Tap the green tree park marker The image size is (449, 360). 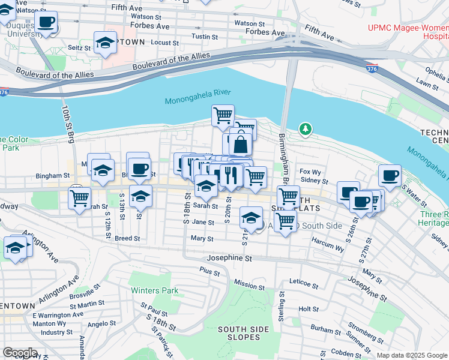tap(306, 129)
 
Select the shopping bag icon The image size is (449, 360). tap(240, 145)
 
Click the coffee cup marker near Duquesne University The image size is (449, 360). tap(46, 23)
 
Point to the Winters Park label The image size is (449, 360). tap(155, 290)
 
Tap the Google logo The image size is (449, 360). tap(20, 353)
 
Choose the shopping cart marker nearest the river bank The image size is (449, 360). tap(223, 115)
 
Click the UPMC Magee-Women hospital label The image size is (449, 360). tap(408, 32)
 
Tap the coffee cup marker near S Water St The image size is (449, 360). tap(390, 176)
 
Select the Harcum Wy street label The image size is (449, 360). tap(327, 244)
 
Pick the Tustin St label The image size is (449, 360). tap(200, 37)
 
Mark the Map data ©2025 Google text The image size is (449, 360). tap(411, 355)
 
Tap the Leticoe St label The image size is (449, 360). tap(303, 281)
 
